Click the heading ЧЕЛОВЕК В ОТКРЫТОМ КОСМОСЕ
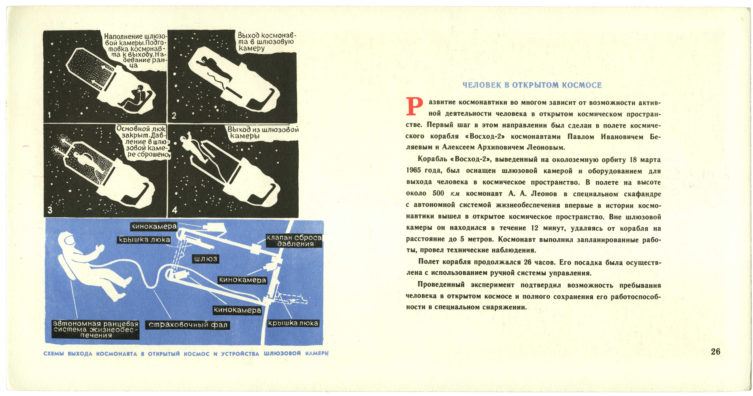click(532, 85)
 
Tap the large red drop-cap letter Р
click(414, 107)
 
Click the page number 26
click(716, 351)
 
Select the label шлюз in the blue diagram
click(206, 259)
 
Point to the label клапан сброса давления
click(294, 241)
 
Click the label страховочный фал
click(188, 325)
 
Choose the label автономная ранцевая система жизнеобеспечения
click(96, 329)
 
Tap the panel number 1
click(49, 115)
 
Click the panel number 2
click(174, 116)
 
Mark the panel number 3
click(50, 210)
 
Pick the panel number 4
click(174, 210)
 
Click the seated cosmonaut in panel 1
click(134, 97)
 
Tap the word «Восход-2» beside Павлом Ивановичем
click(487, 136)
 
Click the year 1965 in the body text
click(414, 170)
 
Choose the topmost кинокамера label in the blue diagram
click(154, 226)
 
